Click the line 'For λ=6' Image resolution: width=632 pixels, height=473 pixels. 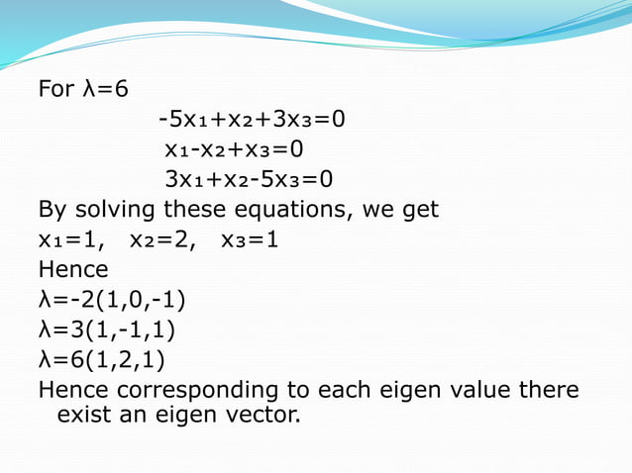pos(83,90)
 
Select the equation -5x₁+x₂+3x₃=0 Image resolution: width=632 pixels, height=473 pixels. pos(252,120)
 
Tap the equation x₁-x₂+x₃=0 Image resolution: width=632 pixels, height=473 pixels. pos(234,149)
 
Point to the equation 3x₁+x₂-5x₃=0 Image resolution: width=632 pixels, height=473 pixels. pos(249,179)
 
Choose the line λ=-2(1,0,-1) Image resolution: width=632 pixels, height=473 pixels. pos(112,298)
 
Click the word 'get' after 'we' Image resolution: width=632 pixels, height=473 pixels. pos(419,211)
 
